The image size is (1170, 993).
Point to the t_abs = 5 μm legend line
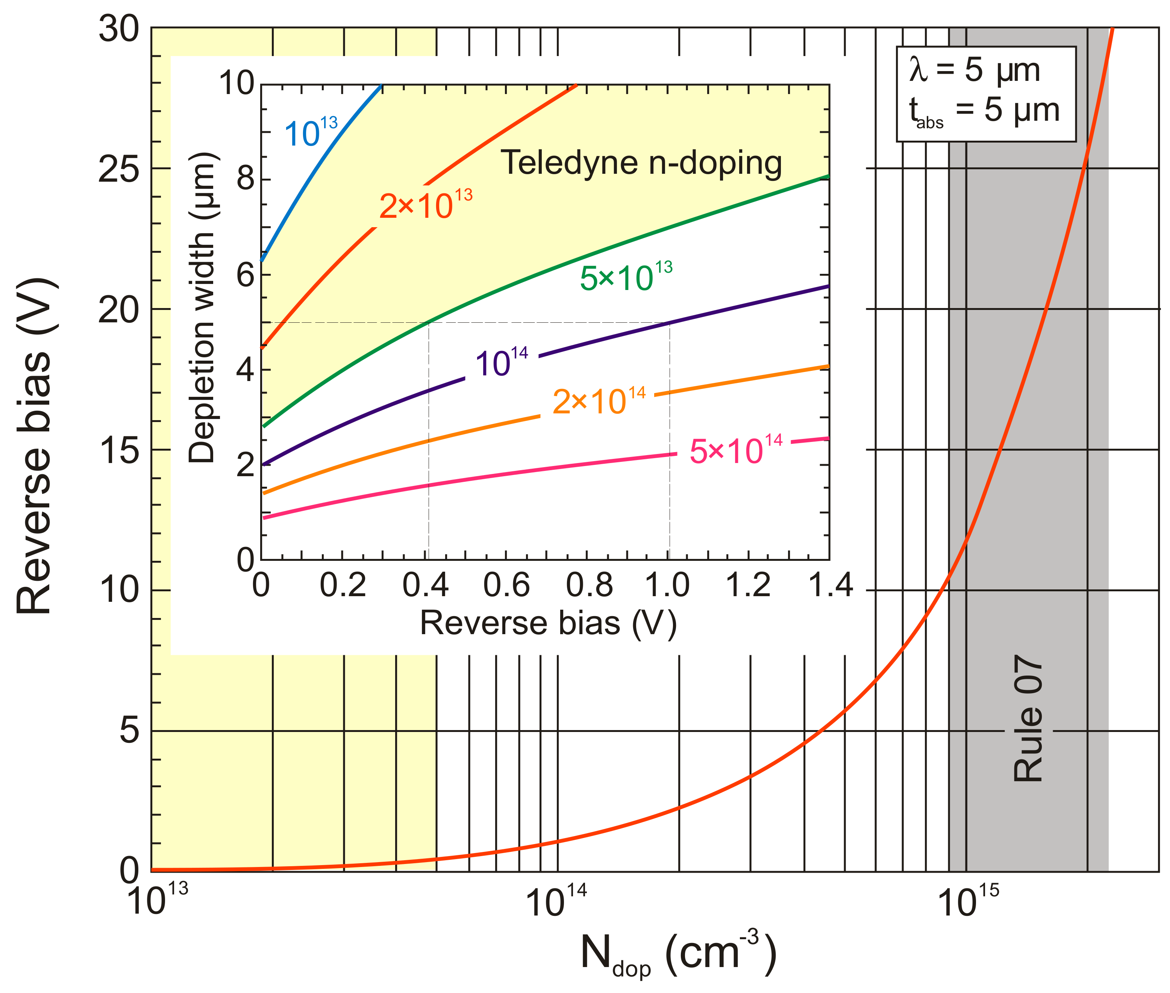(984, 111)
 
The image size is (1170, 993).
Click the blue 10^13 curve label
(311, 133)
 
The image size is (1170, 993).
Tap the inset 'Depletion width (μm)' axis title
(202, 307)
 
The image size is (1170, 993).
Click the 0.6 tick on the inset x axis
(506, 585)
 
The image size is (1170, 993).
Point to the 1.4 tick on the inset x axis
(830, 585)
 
